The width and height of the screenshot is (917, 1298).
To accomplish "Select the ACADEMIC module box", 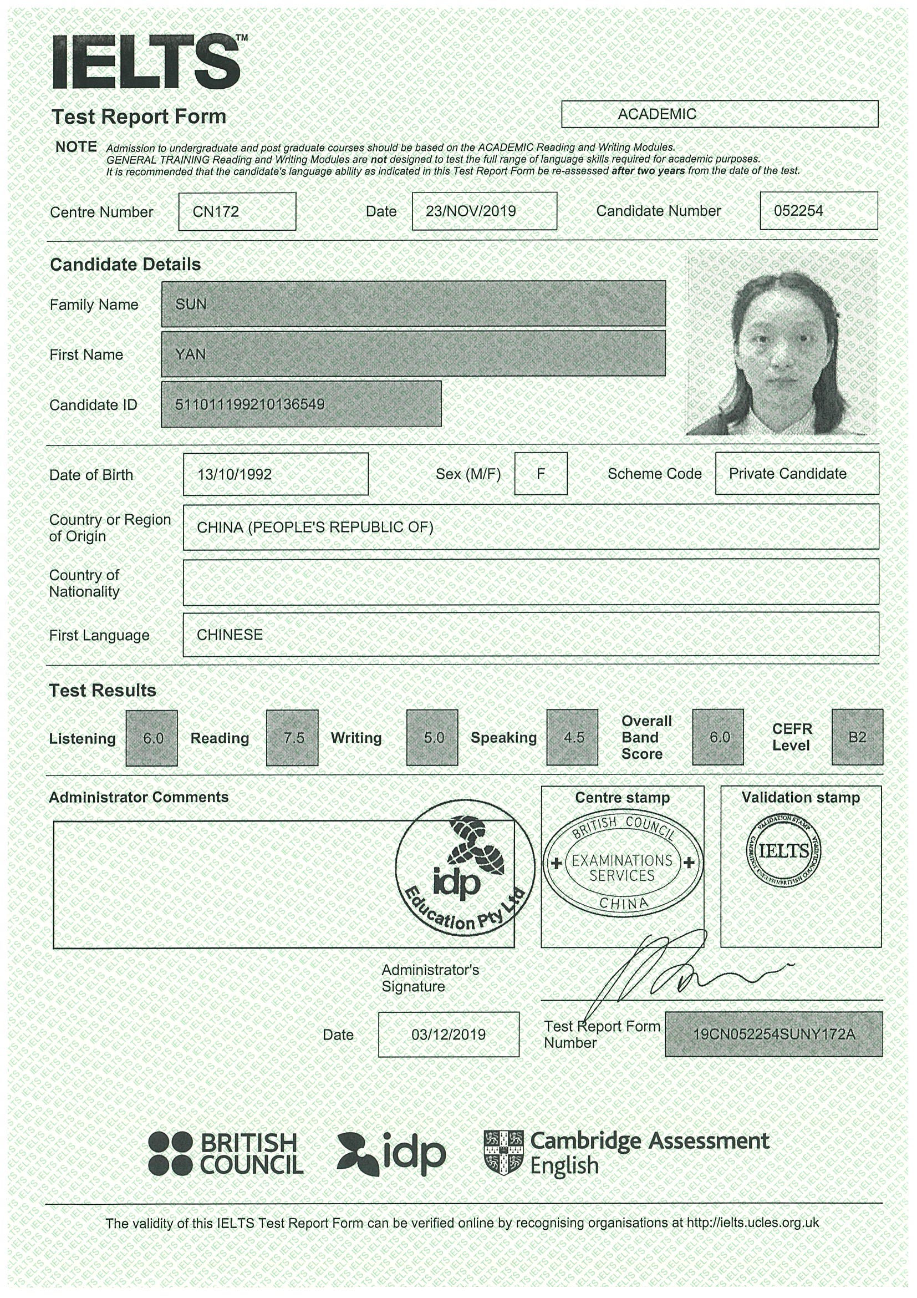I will (x=719, y=114).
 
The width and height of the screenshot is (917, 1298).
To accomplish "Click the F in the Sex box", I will (x=540, y=473).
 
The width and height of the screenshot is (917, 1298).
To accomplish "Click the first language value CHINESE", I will (x=230, y=635).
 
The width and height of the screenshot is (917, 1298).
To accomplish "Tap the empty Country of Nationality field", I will (x=530, y=582).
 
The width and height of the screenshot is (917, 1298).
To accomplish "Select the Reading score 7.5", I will (x=292, y=738).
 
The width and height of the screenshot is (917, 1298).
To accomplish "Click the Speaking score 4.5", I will (x=572, y=737).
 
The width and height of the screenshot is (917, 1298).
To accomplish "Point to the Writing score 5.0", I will (x=432, y=737).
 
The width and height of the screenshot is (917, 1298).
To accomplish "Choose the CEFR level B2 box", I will (x=857, y=737).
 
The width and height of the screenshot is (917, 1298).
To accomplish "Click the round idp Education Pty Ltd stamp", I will (x=465, y=867).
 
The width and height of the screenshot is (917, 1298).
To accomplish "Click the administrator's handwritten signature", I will (x=667, y=972).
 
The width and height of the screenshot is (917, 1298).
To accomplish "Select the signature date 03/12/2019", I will (x=448, y=1034).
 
